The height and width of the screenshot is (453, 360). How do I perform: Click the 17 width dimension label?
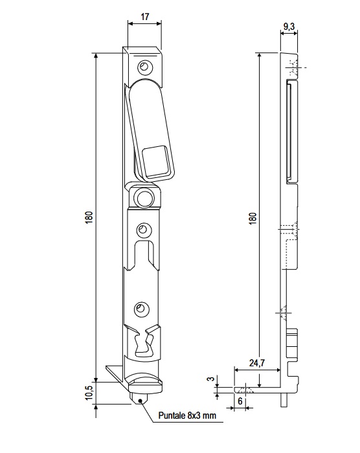pyautogui.click(x=144, y=16)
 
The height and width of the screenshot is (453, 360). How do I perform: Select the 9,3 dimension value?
pyautogui.click(x=289, y=27)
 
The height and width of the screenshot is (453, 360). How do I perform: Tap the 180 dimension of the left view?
pyautogui.click(x=89, y=217)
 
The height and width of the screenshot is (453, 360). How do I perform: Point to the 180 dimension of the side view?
pyautogui.click(x=253, y=219)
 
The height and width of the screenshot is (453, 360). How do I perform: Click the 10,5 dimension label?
pyautogui.click(x=89, y=393)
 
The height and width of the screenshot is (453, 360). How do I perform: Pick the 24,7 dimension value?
pyautogui.click(x=257, y=363)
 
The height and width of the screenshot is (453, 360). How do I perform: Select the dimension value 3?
pyautogui.click(x=212, y=379)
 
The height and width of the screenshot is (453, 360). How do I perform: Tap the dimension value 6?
pyautogui.click(x=240, y=401)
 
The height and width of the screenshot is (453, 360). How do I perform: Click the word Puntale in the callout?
pyautogui.click(x=172, y=415)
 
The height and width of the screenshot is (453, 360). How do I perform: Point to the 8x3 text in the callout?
pyautogui.click(x=194, y=415)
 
